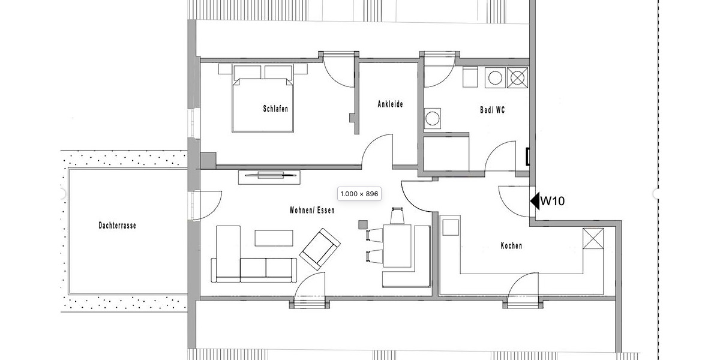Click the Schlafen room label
[x=275, y=109]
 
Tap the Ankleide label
[x=390, y=104]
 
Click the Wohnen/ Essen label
[x=312, y=211]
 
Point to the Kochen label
[x=511, y=246]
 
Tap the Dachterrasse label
[x=117, y=226]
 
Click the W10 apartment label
[x=552, y=202]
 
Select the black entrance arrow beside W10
[x=534, y=201]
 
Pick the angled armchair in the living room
[x=320, y=248]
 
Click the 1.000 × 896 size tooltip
[x=359, y=194]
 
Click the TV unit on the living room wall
[x=269, y=175]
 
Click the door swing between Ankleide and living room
[x=378, y=150]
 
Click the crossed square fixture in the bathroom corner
[x=517, y=77]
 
